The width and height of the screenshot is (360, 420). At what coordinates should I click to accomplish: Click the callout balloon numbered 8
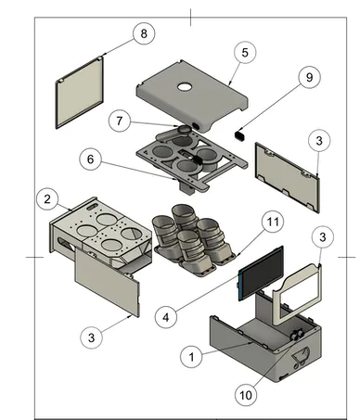point(144,33)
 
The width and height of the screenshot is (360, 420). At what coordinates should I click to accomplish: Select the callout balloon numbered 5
point(245,52)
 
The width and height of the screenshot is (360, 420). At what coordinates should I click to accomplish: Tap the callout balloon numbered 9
point(310,77)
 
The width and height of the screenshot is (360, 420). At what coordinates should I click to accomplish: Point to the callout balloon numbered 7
point(120,121)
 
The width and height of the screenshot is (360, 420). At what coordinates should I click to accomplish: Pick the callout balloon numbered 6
point(90,159)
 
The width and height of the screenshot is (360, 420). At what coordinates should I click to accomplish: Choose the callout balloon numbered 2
point(47,198)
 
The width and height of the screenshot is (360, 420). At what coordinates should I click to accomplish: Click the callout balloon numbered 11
point(273,222)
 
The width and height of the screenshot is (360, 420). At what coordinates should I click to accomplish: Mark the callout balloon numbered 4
point(166,317)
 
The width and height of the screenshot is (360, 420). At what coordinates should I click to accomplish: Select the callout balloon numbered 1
point(191,357)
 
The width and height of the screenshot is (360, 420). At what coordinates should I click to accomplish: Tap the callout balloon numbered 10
point(246,395)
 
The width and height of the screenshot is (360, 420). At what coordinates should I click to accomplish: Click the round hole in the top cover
point(185,87)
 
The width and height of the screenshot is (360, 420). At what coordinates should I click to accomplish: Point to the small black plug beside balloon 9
point(240,135)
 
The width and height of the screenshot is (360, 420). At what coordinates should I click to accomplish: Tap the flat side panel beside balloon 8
point(80,92)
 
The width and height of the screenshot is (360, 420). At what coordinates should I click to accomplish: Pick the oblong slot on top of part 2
point(93,206)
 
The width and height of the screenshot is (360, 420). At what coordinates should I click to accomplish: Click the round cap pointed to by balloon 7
point(185,130)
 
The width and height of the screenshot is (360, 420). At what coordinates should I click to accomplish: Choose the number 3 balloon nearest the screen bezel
point(323,237)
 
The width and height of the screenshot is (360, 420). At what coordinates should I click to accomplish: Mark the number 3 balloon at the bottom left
point(91,337)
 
